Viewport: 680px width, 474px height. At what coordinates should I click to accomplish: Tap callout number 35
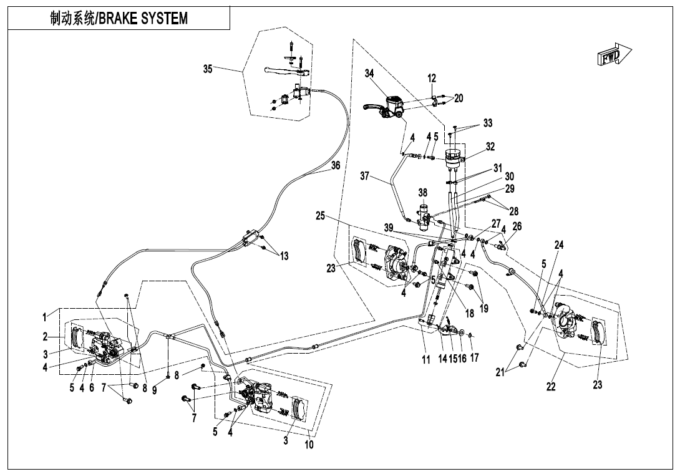208,69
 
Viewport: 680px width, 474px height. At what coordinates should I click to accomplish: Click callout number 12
432,79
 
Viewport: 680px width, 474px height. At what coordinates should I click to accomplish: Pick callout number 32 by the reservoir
490,147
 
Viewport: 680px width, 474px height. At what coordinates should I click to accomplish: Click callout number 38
423,193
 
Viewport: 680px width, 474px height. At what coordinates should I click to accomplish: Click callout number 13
284,256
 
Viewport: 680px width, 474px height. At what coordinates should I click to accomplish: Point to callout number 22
550,387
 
